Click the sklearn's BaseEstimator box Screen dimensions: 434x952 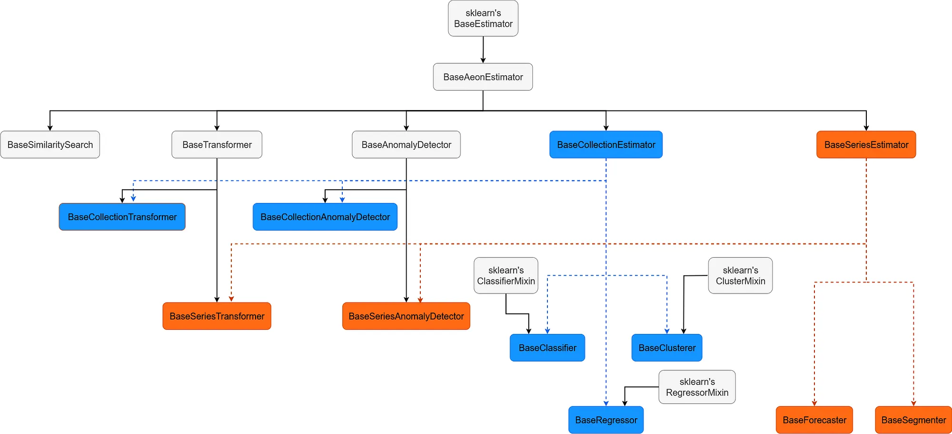click(x=483, y=19)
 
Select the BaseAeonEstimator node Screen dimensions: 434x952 click(x=483, y=77)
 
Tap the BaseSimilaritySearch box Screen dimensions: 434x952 click(x=50, y=144)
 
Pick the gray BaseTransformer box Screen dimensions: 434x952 click(x=217, y=144)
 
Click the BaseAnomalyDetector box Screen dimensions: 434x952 click(x=406, y=144)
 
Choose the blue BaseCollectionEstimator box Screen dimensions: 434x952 click(x=606, y=144)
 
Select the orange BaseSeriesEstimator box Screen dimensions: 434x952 click(x=866, y=144)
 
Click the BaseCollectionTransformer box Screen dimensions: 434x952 click(x=122, y=217)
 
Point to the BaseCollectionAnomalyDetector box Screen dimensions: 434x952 click(x=325, y=217)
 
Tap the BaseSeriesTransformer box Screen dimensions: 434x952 click(x=217, y=316)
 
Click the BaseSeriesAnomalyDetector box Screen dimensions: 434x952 click(x=406, y=316)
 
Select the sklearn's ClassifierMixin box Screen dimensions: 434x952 click(x=506, y=275)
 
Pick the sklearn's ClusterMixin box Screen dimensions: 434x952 click(x=740, y=275)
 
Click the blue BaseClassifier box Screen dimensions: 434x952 click(x=547, y=348)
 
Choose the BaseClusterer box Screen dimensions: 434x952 click(x=667, y=348)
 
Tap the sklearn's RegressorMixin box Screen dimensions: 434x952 click(x=697, y=387)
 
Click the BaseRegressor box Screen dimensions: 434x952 click(x=606, y=420)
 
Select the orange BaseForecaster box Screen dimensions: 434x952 click(x=814, y=420)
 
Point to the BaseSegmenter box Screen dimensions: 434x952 click(x=913, y=420)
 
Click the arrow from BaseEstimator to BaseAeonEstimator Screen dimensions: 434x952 click(x=483, y=50)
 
